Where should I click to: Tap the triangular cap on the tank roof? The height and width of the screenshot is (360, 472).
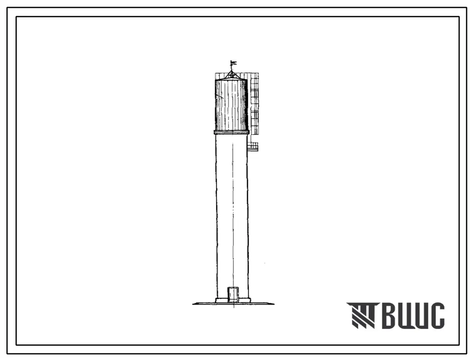(x=232, y=74)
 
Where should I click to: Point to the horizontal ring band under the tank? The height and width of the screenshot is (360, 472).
(x=232, y=132)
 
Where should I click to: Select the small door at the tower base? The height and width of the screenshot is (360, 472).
(x=233, y=294)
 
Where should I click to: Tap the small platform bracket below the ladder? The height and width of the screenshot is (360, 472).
(x=253, y=146)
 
